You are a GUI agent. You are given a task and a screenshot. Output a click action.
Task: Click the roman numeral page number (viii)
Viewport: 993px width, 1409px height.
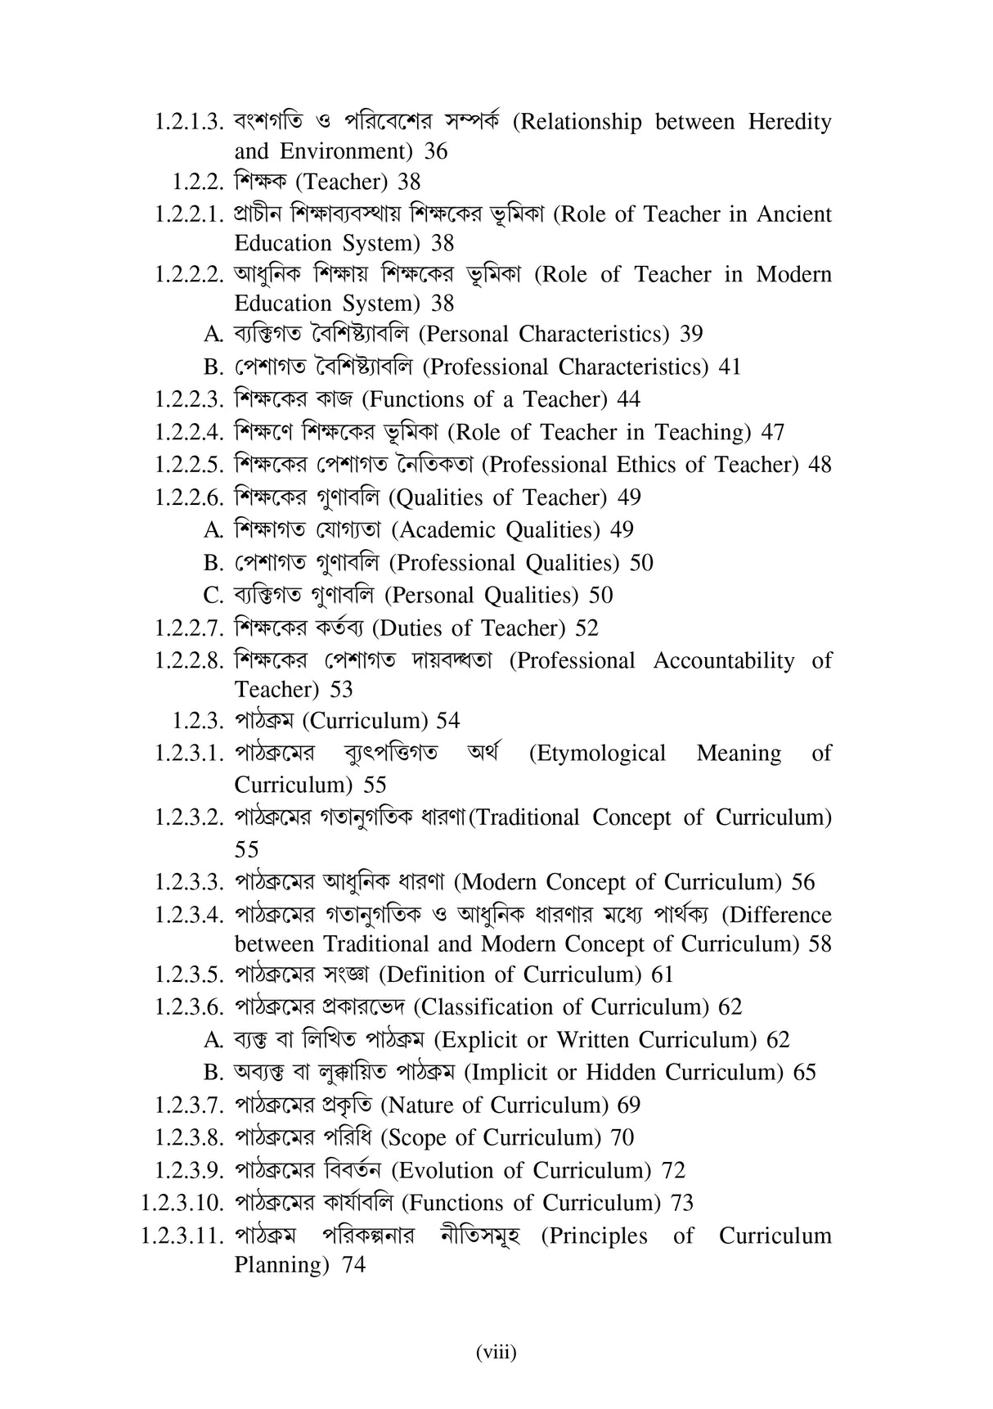[496, 1353]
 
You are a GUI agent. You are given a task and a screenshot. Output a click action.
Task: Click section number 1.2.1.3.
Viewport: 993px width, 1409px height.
[190, 123]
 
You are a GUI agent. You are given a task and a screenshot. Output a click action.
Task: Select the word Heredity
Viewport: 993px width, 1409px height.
[789, 123]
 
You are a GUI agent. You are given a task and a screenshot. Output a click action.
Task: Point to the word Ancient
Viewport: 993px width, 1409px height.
[793, 214]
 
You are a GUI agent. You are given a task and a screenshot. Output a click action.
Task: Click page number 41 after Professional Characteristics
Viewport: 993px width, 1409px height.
[730, 367]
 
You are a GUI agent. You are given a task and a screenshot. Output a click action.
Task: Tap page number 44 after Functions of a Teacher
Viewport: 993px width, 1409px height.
[629, 400]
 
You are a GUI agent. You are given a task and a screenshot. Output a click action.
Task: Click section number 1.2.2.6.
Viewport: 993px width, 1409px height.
[190, 498]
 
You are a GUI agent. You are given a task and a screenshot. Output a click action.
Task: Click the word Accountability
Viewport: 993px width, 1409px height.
[724, 661]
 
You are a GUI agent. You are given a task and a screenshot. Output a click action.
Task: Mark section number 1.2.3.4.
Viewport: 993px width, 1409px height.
[190, 915]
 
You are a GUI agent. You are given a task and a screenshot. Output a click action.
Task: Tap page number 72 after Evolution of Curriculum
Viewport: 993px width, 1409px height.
[673, 1171]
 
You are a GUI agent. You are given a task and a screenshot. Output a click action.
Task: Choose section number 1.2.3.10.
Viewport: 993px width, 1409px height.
[182, 1203]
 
